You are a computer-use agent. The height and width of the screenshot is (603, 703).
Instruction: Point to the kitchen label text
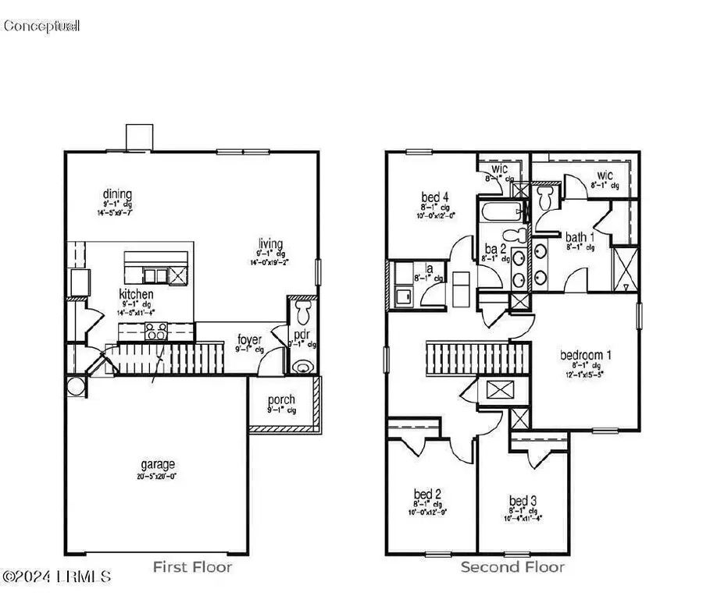(x=136, y=294)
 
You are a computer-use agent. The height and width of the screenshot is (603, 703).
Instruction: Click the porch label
(x=281, y=400)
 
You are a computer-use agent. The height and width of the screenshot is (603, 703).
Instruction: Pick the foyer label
(x=249, y=340)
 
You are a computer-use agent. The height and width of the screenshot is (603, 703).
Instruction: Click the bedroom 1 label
(x=585, y=355)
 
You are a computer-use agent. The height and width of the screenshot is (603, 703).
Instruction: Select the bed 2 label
(x=427, y=493)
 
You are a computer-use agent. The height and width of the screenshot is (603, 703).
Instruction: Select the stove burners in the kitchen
(x=156, y=332)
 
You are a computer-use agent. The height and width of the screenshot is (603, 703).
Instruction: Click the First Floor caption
(x=191, y=566)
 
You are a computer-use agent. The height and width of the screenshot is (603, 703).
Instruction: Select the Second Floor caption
(x=512, y=566)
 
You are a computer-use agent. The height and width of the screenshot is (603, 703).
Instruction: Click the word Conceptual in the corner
(x=41, y=27)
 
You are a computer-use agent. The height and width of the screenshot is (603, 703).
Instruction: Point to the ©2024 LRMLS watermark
(x=57, y=577)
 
